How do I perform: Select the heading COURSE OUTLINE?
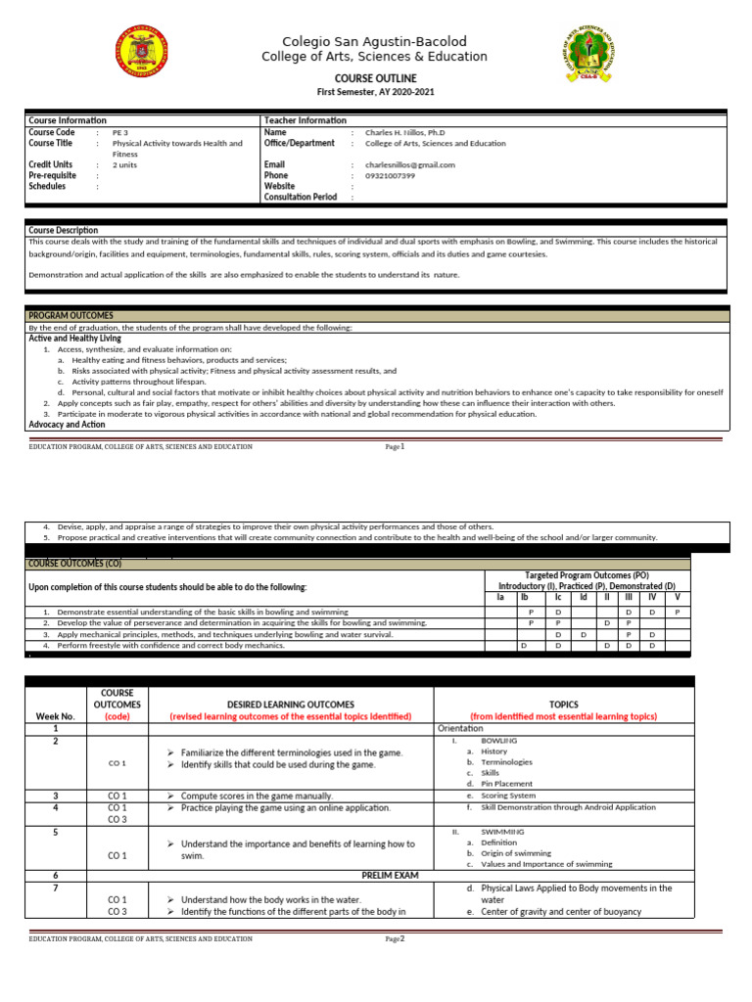click(x=375, y=78)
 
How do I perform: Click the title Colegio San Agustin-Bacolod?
click(x=374, y=41)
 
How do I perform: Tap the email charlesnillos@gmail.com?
click(x=409, y=165)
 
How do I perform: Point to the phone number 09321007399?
click(x=390, y=176)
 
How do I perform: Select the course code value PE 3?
click(x=120, y=132)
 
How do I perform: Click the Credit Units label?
click(x=51, y=164)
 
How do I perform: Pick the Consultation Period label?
click(x=301, y=197)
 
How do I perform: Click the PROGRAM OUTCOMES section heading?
click(x=70, y=316)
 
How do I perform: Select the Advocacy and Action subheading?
click(x=67, y=425)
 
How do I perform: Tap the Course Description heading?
click(x=64, y=230)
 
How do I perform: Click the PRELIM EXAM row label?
click(x=390, y=876)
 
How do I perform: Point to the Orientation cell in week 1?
click(x=459, y=729)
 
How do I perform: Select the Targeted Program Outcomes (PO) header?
click(x=587, y=575)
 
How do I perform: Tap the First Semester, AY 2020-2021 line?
click(x=375, y=92)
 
